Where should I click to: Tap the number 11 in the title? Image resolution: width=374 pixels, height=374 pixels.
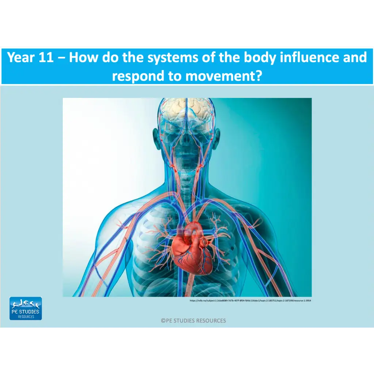[x=46, y=58]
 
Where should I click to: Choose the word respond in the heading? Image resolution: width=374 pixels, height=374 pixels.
[x=137, y=76]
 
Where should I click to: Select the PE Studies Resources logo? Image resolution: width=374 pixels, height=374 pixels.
[x=26, y=309]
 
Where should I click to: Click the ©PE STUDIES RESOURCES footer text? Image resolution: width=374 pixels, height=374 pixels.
[x=193, y=321]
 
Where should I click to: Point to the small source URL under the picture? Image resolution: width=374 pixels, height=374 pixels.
[x=250, y=301]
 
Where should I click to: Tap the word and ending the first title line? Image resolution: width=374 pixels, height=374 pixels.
[x=354, y=58]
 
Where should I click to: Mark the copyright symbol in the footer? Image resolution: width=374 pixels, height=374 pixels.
[x=163, y=321]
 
